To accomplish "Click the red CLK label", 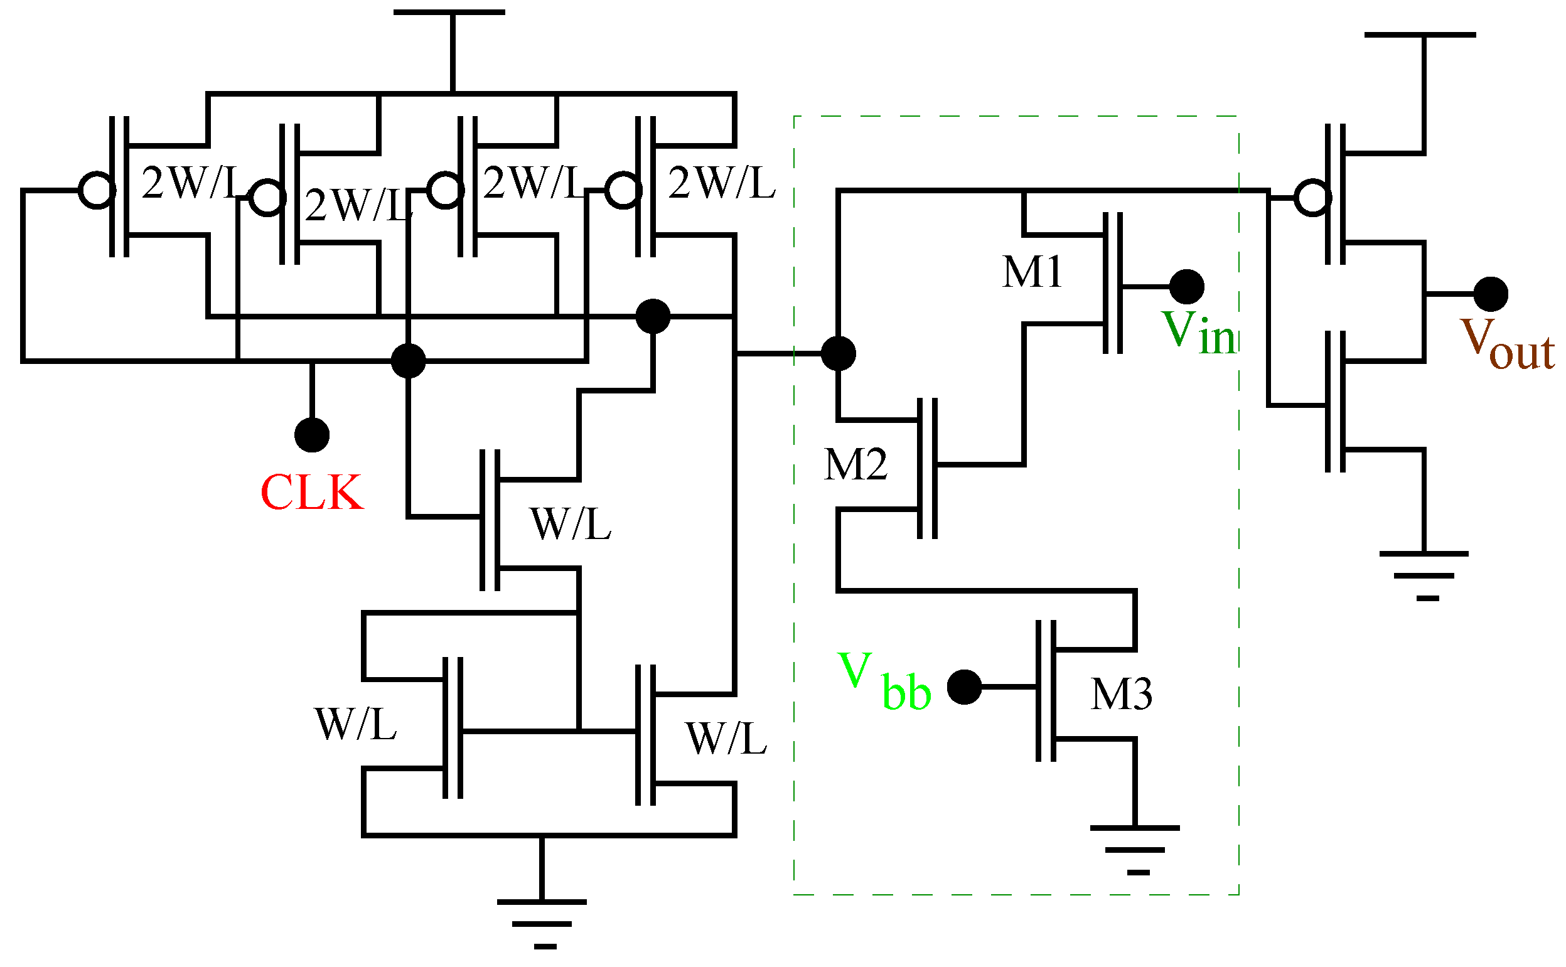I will [311, 493].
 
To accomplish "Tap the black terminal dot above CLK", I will [311, 435].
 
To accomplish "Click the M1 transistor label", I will [1032, 272].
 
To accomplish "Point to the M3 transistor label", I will [1122, 694].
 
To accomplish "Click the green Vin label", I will [1198, 333].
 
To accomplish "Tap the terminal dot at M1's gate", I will [1187, 287].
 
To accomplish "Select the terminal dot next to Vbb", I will [964, 687].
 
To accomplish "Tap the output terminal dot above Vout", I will [1491, 294].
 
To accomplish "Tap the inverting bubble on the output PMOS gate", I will [1312, 198].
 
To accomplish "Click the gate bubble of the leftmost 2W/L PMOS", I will [97, 190].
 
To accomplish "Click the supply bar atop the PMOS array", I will [449, 13].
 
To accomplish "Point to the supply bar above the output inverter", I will [1420, 35].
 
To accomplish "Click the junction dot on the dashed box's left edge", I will [838, 353].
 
